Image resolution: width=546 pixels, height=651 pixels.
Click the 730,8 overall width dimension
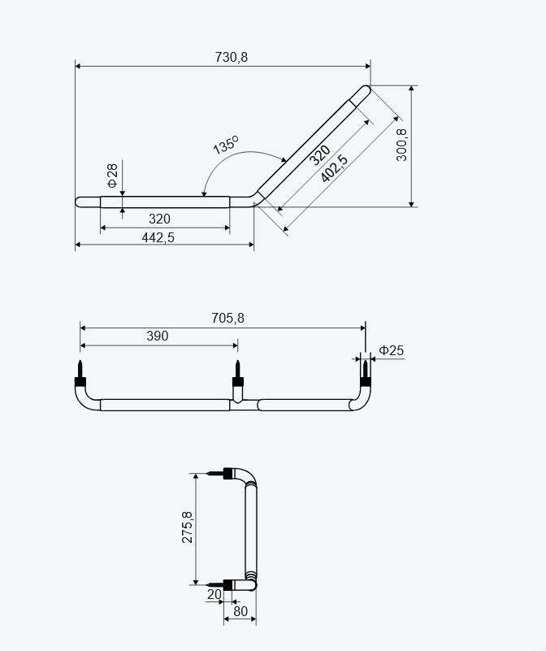(x=232, y=56)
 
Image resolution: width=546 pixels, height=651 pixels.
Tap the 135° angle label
(x=225, y=145)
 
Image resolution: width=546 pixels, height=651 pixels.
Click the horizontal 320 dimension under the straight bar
(x=160, y=219)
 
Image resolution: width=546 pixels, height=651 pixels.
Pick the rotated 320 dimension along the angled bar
(x=320, y=154)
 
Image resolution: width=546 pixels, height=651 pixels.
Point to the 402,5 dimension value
(x=334, y=168)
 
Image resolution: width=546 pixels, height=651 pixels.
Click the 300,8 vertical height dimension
(x=401, y=145)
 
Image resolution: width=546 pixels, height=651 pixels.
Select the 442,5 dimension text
(x=158, y=237)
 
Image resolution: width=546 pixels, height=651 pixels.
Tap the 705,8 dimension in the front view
(x=227, y=319)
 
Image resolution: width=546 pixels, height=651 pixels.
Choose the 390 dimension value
(x=158, y=336)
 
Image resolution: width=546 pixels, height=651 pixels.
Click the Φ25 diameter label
(x=391, y=351)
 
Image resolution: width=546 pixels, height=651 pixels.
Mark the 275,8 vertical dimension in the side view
(x=188, y=527)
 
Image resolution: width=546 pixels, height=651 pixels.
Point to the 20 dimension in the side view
(x=214, y=595)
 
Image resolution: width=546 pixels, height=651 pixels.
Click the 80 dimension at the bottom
(x=240, y=611)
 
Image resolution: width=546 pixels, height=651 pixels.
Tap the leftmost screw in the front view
(x=80, y=371)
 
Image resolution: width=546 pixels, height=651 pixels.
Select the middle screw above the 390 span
(x=237, y=371)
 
